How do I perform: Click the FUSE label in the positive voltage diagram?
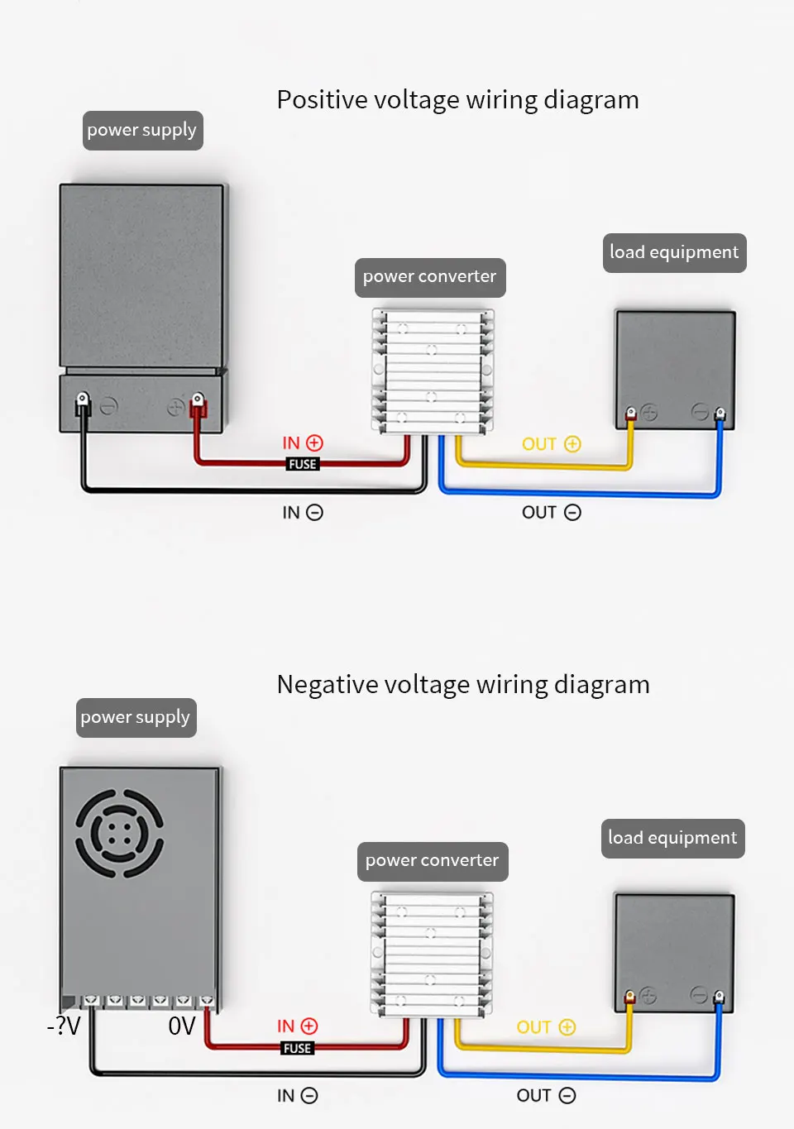(x=303, y=464)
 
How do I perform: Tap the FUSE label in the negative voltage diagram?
(x=298, y=1048)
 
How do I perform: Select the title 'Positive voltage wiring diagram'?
(x=457, y=100)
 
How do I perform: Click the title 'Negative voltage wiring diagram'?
(x=463, y=685)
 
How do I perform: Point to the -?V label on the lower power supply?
(x=64, y=1026)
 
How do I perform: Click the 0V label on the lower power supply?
(x=181, y=1026)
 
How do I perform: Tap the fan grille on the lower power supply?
(x=119, y=833)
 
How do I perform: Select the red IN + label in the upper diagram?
(x=303, y=443)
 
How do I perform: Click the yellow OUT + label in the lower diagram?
(x=546, y=1027)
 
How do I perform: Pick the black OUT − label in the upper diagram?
(x=552, y=513)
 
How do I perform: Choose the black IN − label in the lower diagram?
(x=298, y=1096)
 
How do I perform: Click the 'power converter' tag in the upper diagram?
(x=430, y=277)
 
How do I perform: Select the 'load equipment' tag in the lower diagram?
(x=673, y=838)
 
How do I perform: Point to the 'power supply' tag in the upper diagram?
(x=142, y=131)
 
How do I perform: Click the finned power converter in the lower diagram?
(x=432, y=954)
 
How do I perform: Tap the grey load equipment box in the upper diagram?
(x=675, y=370)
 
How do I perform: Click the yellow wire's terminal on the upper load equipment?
(x=631, y=414)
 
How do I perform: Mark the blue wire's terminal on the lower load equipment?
(x=720, y=997)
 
